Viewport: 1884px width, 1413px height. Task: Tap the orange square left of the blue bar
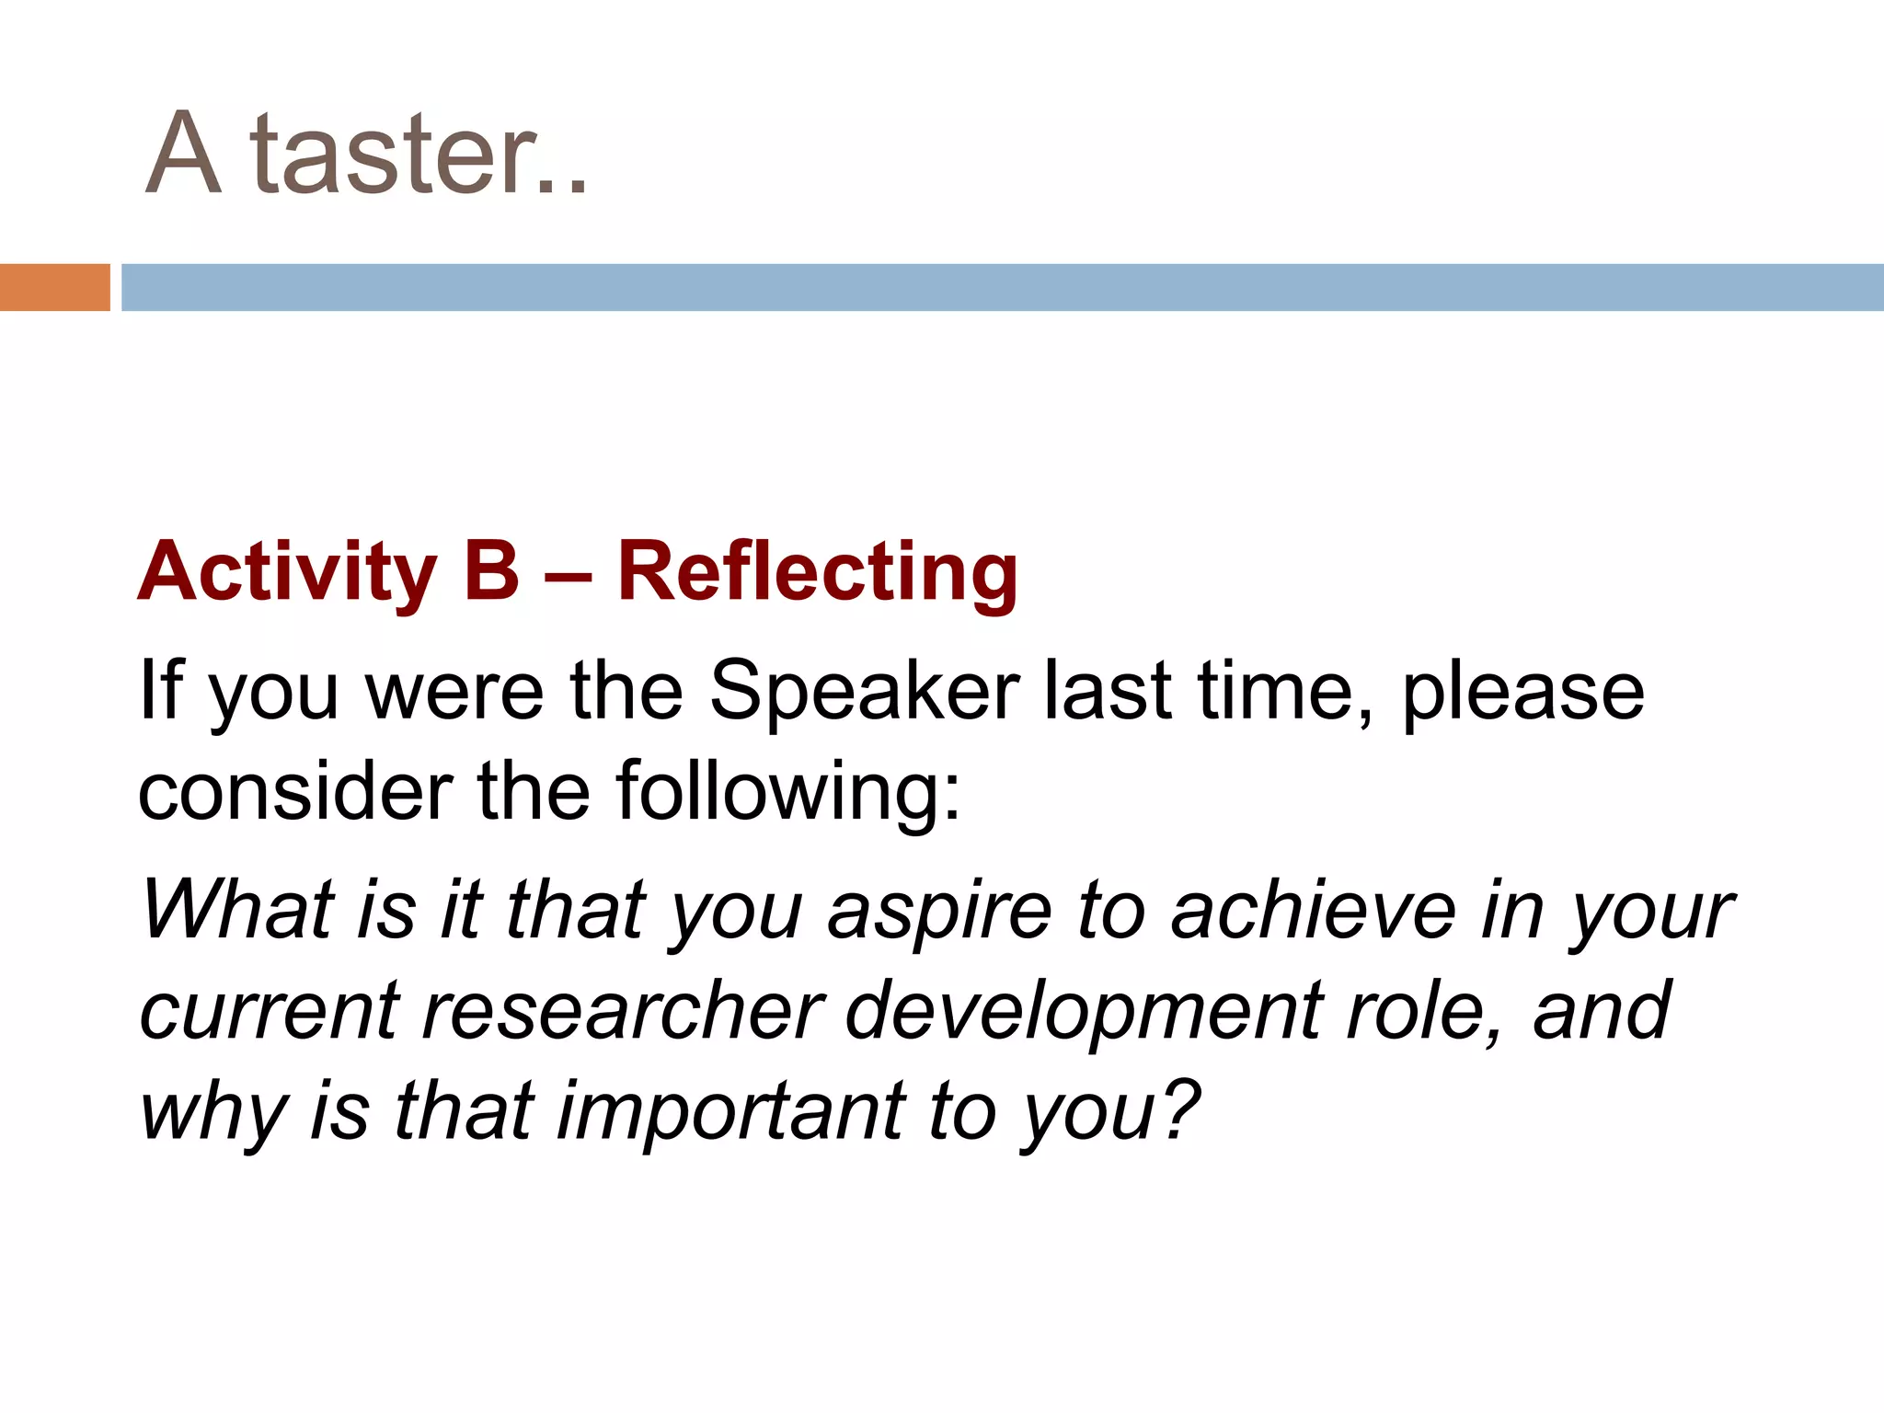[54, 287]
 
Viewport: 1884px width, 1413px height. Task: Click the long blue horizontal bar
[1002, 287]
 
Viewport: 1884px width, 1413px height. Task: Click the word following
[787, 793]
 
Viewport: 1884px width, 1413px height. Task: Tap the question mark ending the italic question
[1180, 1109]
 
